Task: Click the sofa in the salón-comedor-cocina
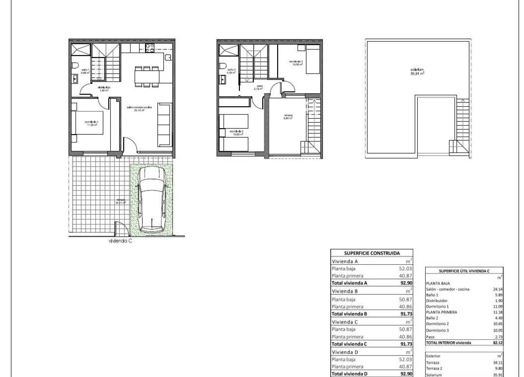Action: tap(164, 125)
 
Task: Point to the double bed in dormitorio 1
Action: tap(88, 124)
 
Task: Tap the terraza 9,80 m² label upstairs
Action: tap(288, 116)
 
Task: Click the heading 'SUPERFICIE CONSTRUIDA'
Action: tap(371, 253)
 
